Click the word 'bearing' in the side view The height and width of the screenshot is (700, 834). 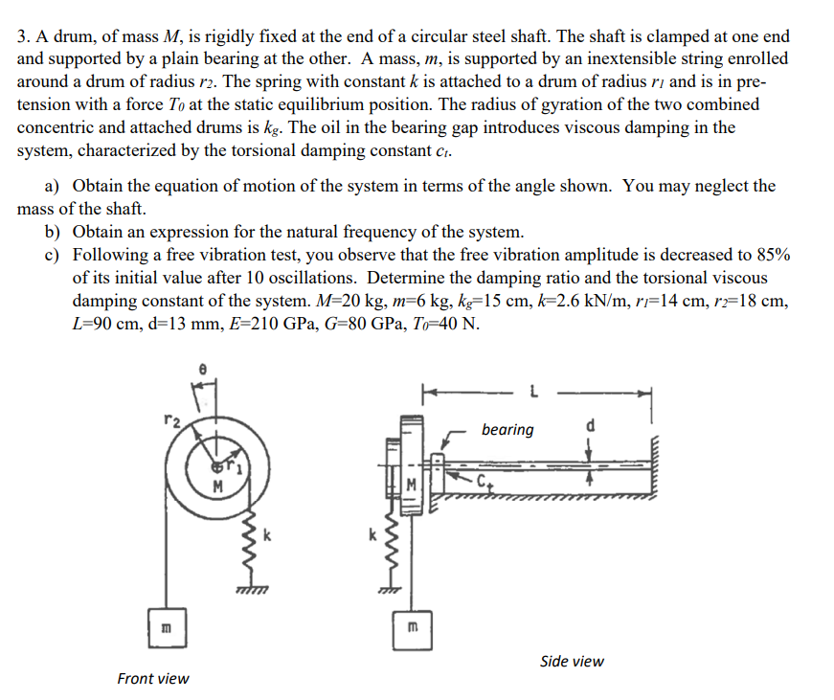tap(507, 429)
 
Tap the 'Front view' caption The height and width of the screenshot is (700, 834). tap(153, 678)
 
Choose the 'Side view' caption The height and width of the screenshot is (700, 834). tap(572, 661)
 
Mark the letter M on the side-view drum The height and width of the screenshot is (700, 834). tap(412, 483)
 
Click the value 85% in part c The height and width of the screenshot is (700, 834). tap(769, 255)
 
